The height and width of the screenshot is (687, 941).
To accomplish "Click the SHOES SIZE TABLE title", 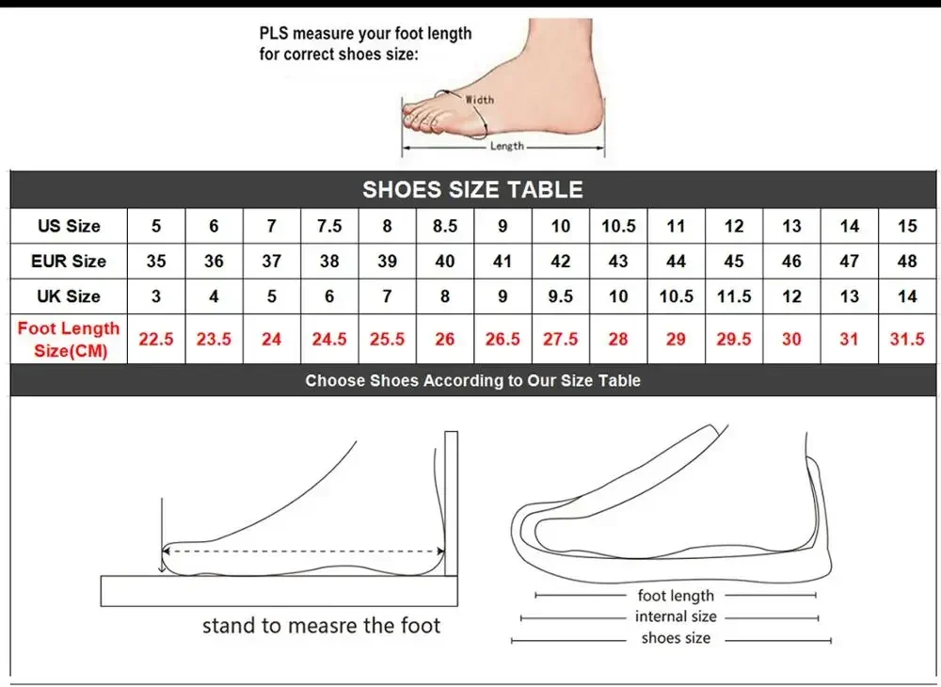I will (x=472, y=189).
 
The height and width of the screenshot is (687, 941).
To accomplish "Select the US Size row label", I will (x=69, y=226).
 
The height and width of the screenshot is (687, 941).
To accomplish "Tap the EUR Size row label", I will (x=69, y=261).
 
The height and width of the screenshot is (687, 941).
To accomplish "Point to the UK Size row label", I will (x=69, y=296).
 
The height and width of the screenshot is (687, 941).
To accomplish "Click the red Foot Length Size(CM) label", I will (x=69, y=339).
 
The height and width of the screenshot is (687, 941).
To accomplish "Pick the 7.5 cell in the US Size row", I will (x=329, y=226).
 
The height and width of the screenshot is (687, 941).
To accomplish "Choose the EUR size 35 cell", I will (x=156, y=261).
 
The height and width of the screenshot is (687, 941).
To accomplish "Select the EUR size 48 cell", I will (x=907, y=261).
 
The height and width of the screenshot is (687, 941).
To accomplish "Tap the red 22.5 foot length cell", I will (x=156, y=339).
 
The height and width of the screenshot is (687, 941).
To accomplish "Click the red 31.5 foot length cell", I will (x=907, y=339).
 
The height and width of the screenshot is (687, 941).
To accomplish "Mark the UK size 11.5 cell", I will (x=734, y=296).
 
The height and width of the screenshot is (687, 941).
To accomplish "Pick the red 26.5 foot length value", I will (x=502, y=339).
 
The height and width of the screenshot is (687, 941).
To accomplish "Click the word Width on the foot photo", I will (x=479, y=99).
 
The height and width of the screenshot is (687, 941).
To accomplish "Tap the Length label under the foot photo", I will (x=507, y=146).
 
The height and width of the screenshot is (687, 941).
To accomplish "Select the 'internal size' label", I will (x=676, y=616).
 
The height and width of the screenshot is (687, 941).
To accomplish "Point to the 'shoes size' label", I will (x=676, y=638).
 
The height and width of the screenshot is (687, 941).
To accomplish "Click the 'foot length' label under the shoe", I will (x=676, y=595).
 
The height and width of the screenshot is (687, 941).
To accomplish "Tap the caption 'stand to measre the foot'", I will (x=321, y=625).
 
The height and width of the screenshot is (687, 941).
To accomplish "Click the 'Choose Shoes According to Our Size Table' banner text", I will (x=472, y=380).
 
